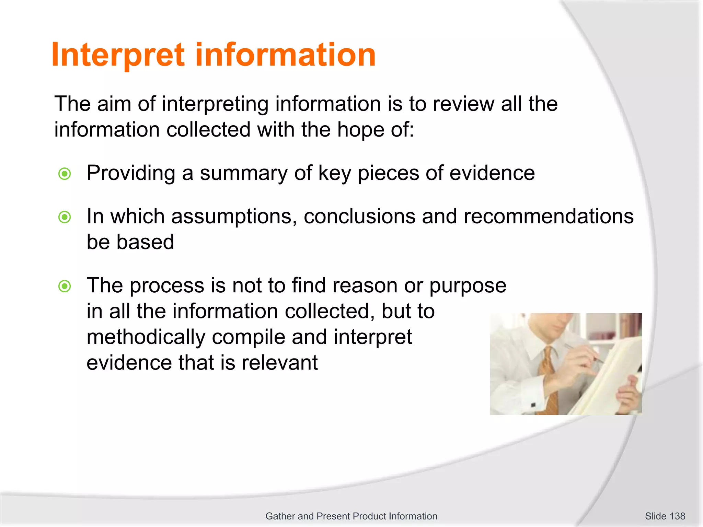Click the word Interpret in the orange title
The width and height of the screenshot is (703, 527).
(118, 55)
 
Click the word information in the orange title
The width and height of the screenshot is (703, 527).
(285, 55)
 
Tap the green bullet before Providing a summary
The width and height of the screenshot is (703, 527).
(65, 174)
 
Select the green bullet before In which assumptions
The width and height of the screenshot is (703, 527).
(65, 217)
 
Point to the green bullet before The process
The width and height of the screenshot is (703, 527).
(65, 286)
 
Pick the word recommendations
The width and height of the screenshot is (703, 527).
(548, 216)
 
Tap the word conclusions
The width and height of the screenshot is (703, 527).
(359, 216)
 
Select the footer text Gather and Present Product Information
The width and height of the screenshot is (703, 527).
(351, 516)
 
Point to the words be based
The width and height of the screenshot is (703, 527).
(130, 242)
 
